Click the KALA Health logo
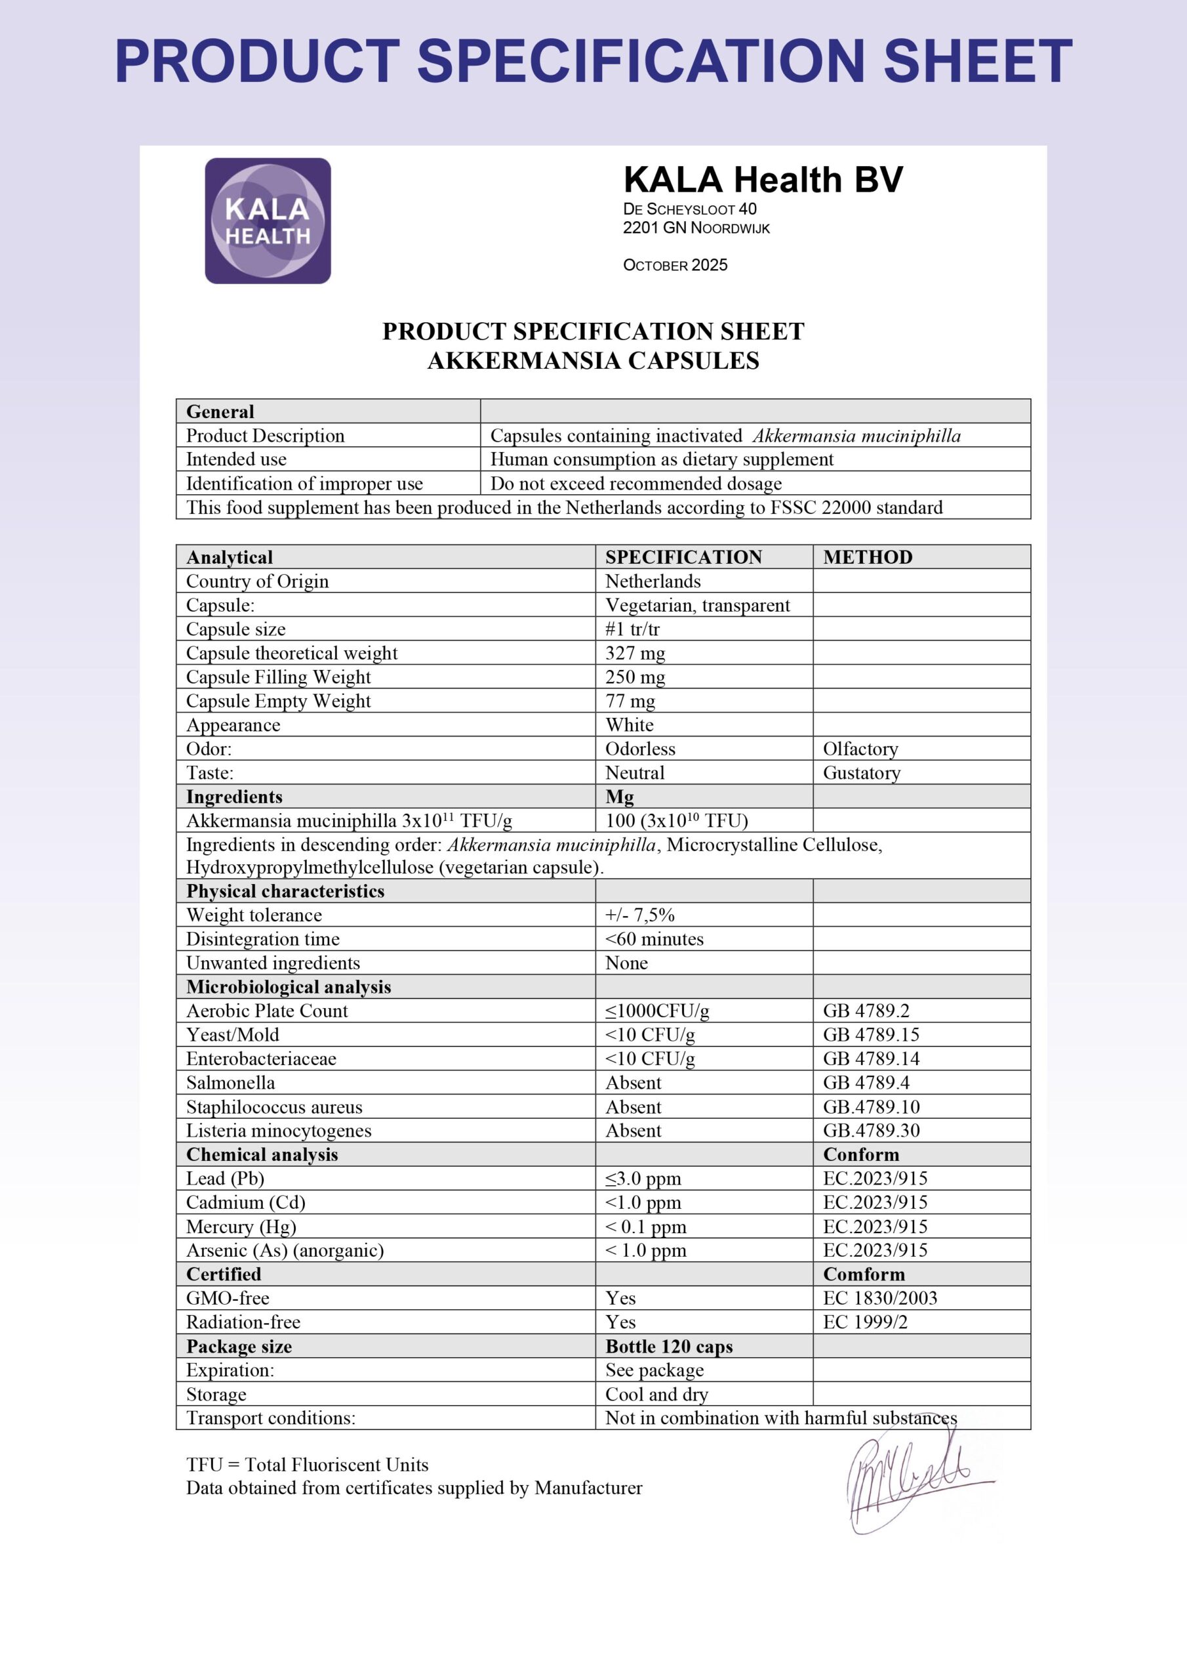268,221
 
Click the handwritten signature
910,1484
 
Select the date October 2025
674,265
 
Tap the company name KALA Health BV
763,180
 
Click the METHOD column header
868,557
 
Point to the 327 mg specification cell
635,653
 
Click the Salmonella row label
230,1082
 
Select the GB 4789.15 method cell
870,1035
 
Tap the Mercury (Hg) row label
241,1227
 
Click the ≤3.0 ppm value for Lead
643,1178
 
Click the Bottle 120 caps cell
668,1347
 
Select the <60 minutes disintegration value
654,939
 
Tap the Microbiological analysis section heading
288,986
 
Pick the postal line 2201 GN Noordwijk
696,228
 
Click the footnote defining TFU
307,1464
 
